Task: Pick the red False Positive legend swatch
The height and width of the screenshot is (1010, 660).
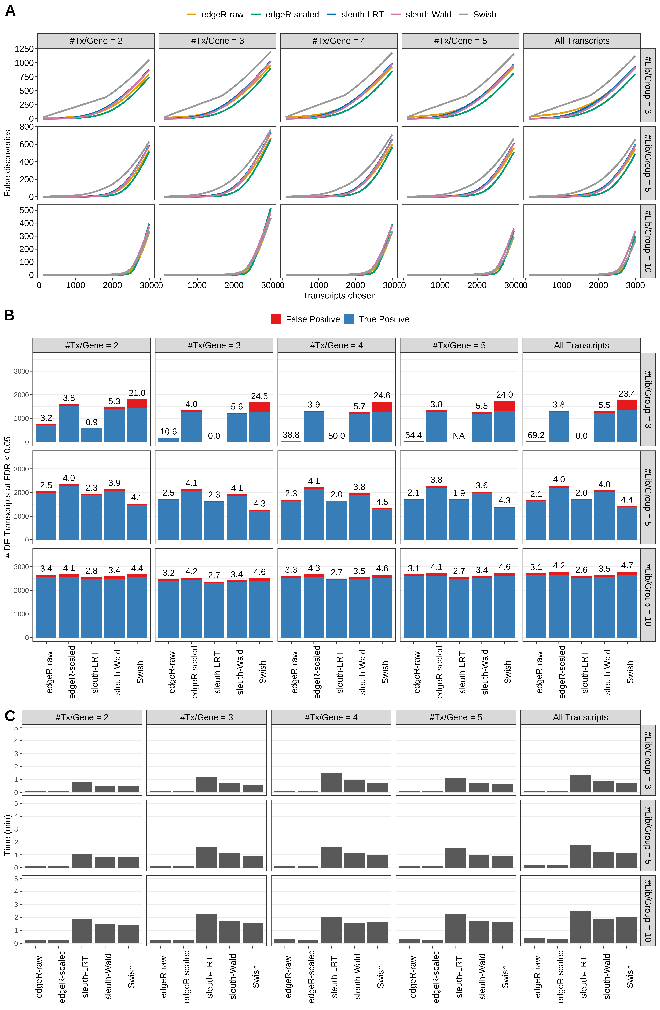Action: tap(276, 319)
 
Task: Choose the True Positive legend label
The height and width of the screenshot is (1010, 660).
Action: tap(383, 319)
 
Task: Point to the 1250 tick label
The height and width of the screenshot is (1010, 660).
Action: tap(24, 49)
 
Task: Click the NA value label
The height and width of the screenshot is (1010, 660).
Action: tap(459, 436)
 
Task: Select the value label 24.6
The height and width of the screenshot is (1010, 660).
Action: tap(382, 395)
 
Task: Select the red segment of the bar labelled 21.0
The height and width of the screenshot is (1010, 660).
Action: tap(137, 404)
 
